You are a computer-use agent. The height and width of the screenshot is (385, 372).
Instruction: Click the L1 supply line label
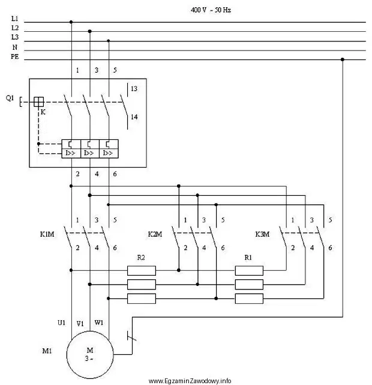15,19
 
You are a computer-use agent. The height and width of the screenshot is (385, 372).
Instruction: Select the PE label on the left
15,56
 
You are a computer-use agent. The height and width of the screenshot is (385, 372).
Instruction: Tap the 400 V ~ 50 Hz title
211,10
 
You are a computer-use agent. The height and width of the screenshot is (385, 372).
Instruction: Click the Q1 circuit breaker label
10,99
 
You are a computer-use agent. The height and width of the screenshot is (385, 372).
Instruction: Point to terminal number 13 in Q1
134,89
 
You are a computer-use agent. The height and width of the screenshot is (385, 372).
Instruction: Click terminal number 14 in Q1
134,117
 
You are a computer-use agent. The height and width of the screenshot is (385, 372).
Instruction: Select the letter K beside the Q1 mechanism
43,112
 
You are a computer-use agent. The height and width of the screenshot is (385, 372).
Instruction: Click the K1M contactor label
47,234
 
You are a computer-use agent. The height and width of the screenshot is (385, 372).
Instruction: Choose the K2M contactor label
155,234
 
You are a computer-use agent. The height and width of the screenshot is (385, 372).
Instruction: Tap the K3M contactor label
262,234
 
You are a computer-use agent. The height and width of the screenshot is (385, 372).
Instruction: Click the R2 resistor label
141,258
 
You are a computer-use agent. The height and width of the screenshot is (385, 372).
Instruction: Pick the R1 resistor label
248,258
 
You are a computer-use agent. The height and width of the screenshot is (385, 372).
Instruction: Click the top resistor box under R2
142,270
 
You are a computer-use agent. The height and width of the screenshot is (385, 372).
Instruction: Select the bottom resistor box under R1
249,299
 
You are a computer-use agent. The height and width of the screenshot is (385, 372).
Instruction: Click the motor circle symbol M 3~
90,331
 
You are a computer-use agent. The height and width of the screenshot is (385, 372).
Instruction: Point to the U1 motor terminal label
62,323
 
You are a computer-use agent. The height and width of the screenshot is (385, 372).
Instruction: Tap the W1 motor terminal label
99,323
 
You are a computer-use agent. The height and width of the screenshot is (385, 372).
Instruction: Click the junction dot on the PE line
343,59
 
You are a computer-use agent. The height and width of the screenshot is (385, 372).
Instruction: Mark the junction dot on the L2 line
90,31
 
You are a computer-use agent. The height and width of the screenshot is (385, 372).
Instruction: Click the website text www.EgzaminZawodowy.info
190,381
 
